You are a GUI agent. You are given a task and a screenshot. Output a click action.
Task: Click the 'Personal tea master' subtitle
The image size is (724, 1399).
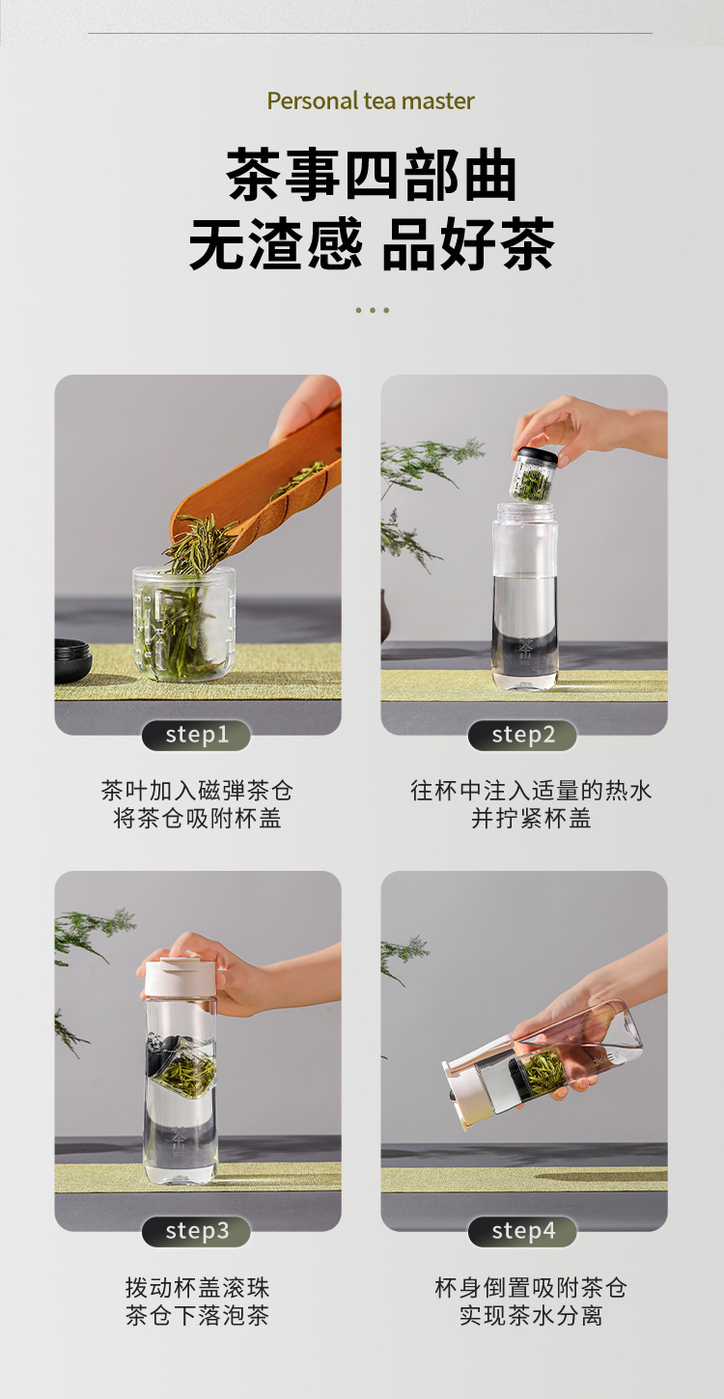pos(371,100)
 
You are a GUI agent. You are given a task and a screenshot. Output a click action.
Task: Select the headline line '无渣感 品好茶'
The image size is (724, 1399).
pos(372,243)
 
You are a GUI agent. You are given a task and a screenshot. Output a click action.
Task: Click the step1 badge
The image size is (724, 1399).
pos(196,735)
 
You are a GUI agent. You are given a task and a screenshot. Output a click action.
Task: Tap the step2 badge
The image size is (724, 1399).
pos(522,735)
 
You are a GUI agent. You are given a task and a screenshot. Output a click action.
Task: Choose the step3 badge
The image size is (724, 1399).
pos(196,1232)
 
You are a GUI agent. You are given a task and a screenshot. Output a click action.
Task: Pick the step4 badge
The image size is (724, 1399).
pos(522,1232)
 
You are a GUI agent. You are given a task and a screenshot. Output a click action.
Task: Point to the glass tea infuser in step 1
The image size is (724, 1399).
pos(183,623)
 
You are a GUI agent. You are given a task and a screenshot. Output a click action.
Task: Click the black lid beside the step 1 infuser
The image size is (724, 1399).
pos(73,658)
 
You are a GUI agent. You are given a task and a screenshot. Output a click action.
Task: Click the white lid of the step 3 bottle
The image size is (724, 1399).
pos(181,978)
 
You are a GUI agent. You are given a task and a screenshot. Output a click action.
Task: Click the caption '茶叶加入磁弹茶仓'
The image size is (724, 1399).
pos(197,791)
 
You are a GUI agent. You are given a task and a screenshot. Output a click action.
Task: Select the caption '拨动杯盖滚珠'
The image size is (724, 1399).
pos(197,1289)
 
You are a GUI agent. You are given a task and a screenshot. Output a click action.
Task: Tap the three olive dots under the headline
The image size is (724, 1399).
pos(372,310)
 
